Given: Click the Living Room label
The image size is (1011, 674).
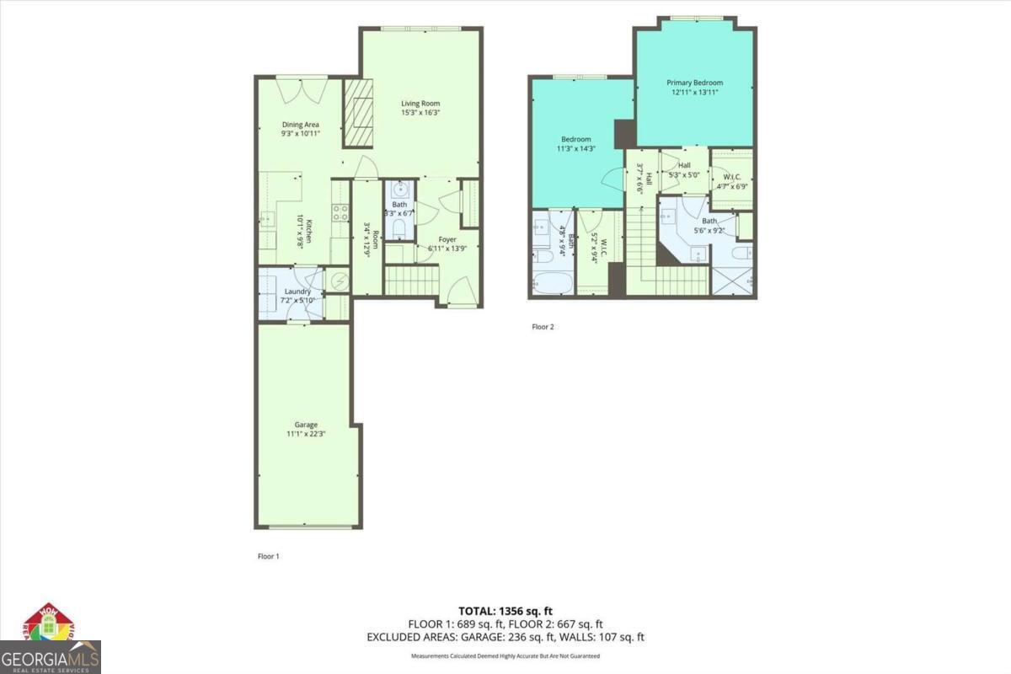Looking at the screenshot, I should (420, 104).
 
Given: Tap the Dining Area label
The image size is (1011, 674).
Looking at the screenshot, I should (300, 124).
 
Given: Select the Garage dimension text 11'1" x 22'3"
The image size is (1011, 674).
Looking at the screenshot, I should (306, 435).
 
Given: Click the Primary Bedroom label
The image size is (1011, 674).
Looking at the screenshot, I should (694, 83).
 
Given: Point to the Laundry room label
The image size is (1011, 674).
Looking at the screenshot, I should (297, 292).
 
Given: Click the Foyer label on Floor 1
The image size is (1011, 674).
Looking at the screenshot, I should (447, 239).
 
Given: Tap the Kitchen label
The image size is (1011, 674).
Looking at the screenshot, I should (310, 231).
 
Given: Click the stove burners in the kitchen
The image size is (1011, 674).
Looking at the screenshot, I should (340, 212).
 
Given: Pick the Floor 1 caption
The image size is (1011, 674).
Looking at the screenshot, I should (268, 556).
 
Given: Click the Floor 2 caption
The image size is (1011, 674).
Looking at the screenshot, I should (543, 326).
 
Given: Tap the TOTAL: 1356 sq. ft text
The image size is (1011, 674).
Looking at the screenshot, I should (505, 611).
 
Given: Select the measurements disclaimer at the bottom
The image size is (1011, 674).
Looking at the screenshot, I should (505, 655).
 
